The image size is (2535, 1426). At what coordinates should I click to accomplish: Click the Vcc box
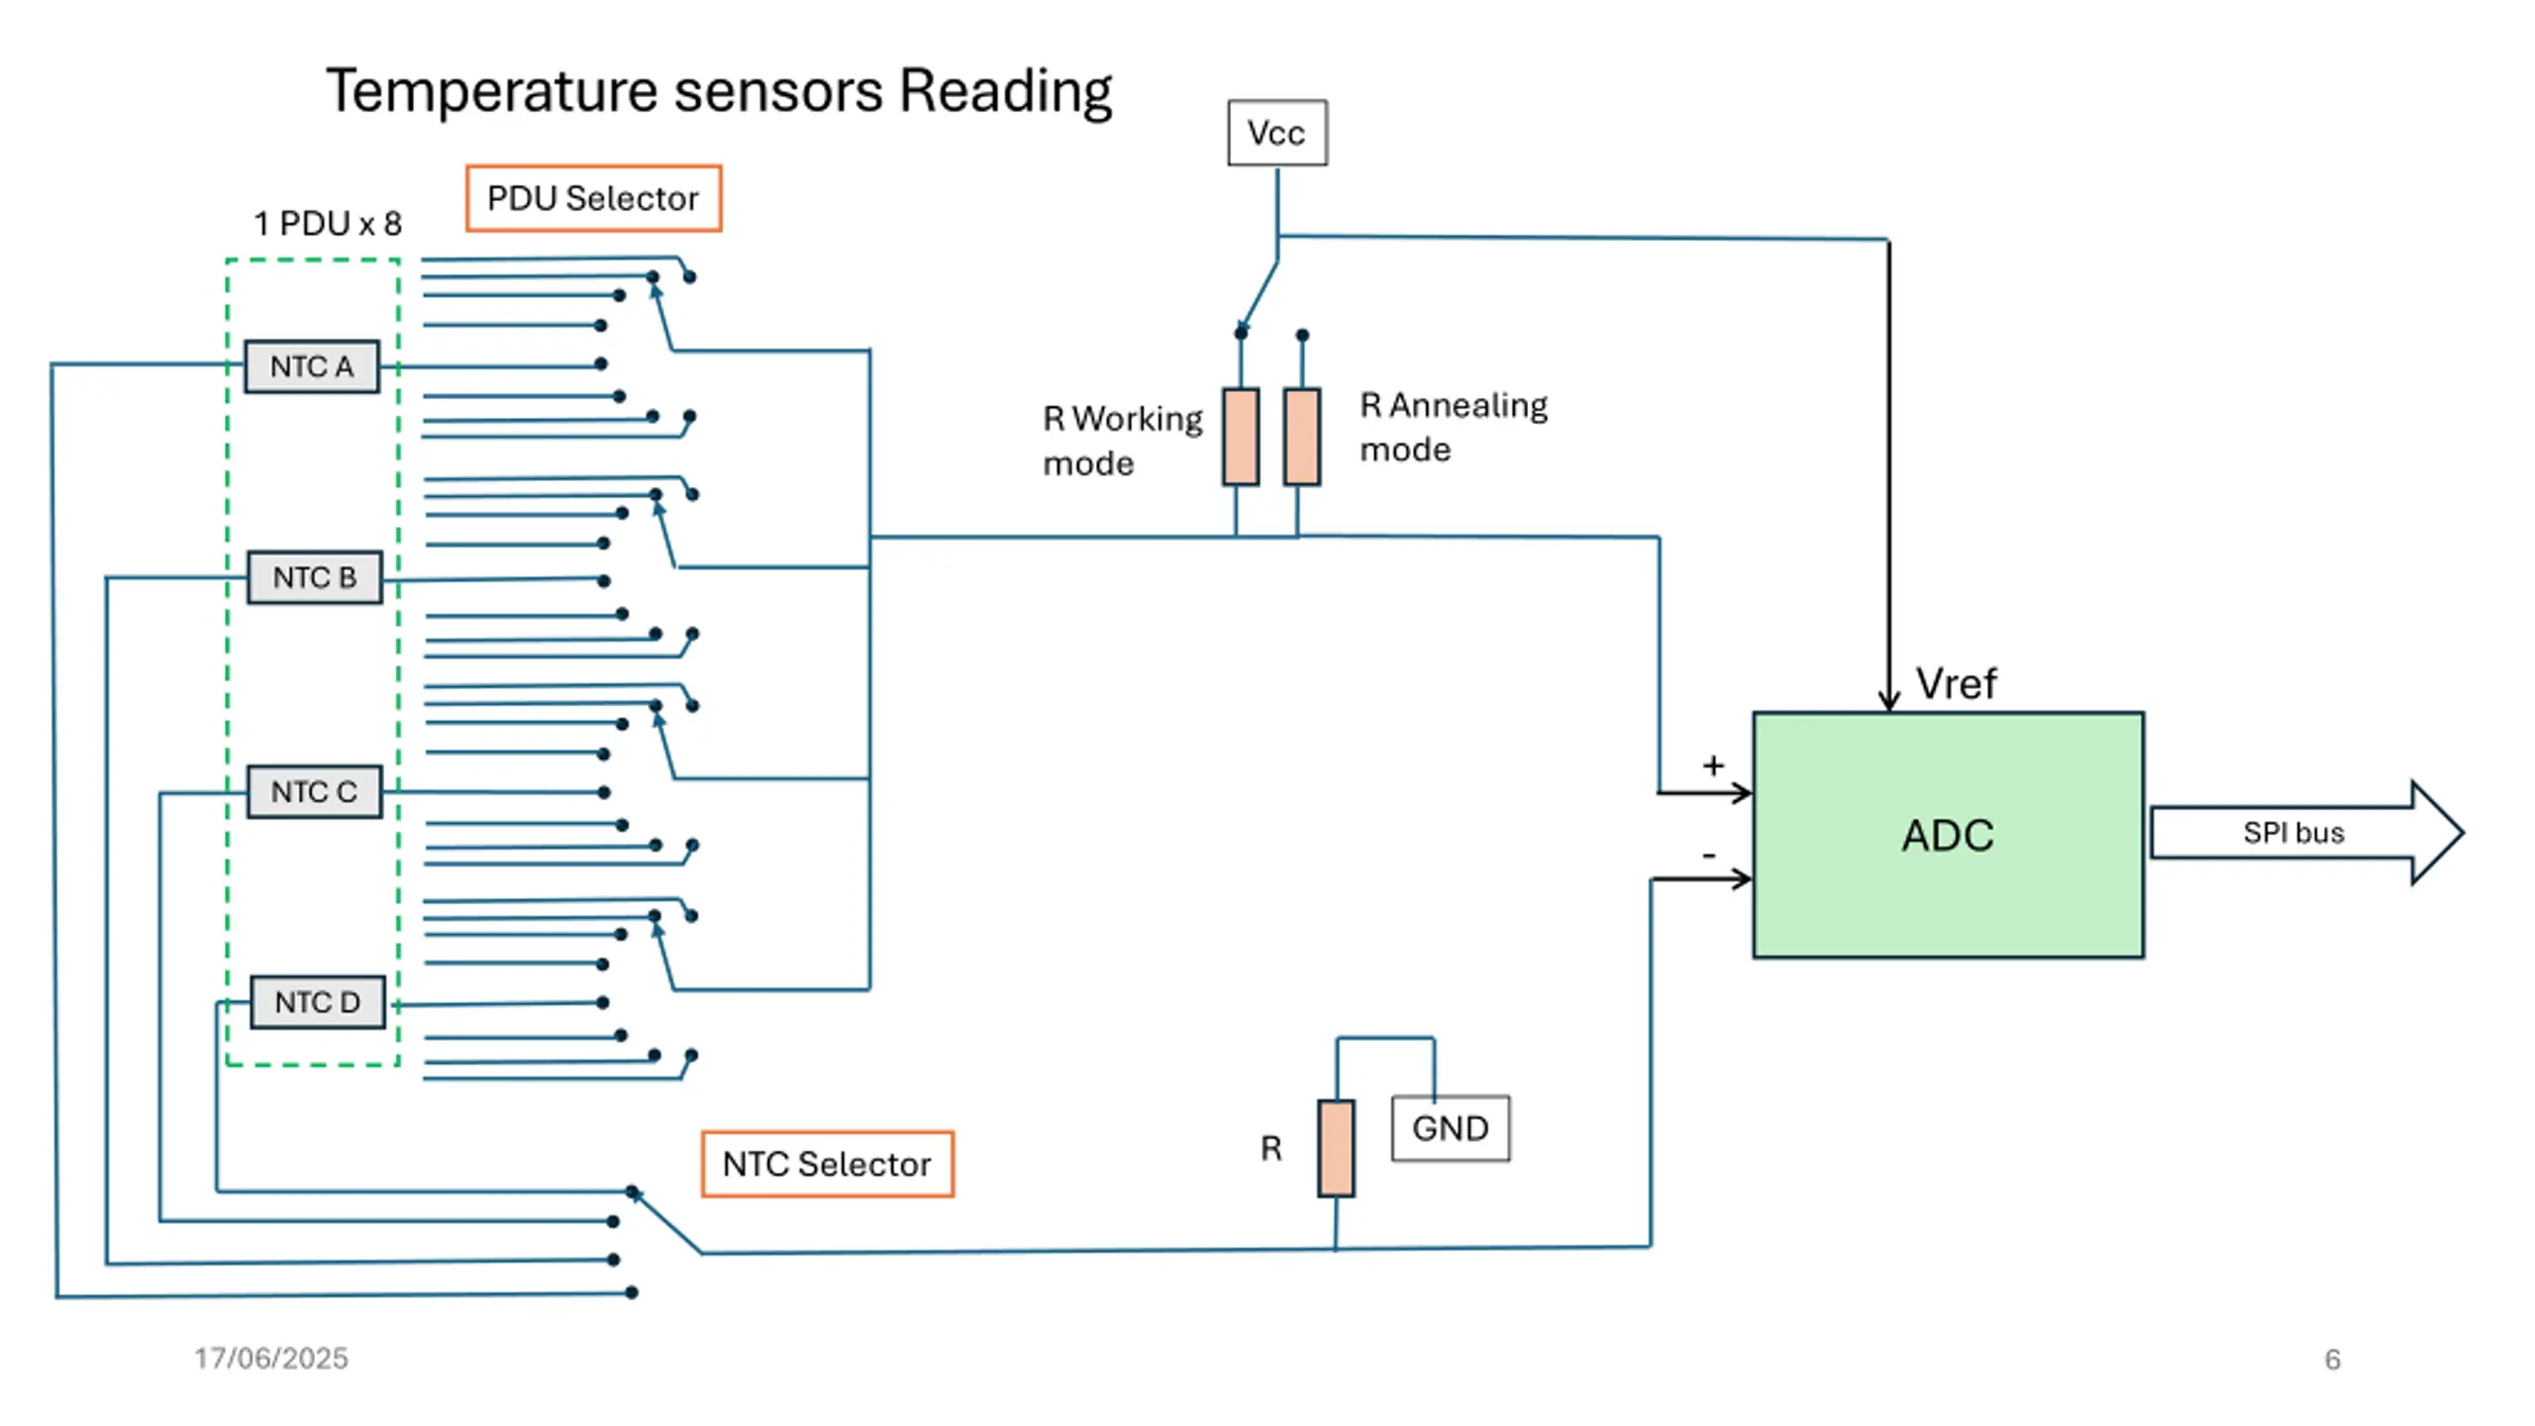click(1276, 133)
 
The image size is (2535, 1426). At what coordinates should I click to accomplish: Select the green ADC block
click(1948, 835)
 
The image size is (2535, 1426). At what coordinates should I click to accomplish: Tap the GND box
click(1450, 1128)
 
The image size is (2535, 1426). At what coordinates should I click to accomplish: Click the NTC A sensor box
click(312, 366)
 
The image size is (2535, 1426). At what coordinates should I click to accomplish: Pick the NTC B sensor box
click(315, 577)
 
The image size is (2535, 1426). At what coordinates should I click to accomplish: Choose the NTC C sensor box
click(314, 792)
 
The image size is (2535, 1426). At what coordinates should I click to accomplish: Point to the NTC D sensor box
click(317, 1002)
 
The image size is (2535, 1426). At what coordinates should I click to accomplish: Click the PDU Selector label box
click(593, 198)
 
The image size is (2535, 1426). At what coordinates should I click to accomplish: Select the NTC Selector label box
click(827, 1164)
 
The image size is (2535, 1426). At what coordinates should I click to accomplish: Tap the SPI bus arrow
click(2306, 833)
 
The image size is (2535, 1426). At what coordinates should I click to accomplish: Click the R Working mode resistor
click(1241, 437)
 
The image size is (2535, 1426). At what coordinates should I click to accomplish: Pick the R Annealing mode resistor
click(1302, 437)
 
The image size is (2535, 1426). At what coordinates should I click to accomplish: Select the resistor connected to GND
click(1336, 1149)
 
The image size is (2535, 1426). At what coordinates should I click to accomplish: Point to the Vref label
click(1956, 683)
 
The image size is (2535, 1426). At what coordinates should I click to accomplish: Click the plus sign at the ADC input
click(1713, 765)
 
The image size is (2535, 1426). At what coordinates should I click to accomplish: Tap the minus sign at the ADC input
click(1709, 855)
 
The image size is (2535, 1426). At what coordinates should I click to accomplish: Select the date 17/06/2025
click(271, 1358)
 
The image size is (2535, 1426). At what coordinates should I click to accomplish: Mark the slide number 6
click(2332, 1360)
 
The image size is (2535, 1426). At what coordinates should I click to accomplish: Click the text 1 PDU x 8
click(328, 224)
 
